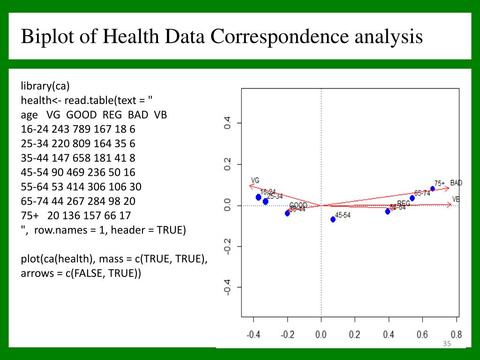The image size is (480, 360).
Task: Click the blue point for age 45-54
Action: pos(333,219)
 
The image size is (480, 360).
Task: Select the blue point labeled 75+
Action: pos(433,189)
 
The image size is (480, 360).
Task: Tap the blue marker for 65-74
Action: pos(412,198)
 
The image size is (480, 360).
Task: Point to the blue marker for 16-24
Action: pos(258,197)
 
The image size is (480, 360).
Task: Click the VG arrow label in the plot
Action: pos(255,180)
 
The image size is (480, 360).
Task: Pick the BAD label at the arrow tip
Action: pos(456,182)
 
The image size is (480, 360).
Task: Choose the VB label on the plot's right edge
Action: pos(456,199)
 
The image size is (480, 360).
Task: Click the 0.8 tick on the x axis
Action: pos(456,335)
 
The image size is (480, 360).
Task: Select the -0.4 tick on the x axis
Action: pos(253,335)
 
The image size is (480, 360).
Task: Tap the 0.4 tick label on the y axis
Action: pos(227,123)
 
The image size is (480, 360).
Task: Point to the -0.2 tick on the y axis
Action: pos(227,247)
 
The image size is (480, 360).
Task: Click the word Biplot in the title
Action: pos(45,36)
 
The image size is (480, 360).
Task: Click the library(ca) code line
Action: pos(45,86)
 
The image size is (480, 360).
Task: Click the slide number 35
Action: pos(446,345)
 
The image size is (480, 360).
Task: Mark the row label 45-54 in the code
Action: pos(31,172)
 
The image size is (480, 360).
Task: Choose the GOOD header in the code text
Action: pos(82,115)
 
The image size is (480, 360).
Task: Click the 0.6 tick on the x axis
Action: pos(422,335)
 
